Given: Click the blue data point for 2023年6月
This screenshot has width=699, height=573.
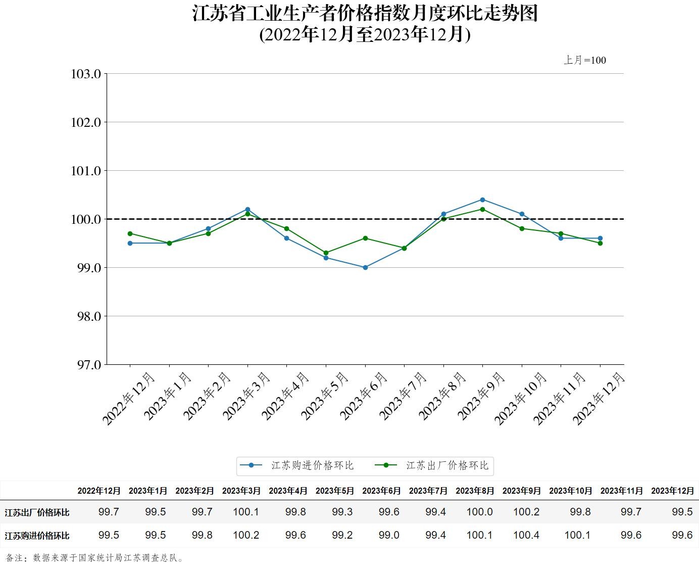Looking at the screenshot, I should (x=365, y=267).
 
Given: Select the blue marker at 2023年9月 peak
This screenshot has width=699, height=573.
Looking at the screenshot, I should (x=482, y=200).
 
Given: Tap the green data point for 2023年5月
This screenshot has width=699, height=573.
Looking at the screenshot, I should (x=326, y=253).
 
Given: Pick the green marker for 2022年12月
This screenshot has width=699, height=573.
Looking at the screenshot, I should (x=130, y=233).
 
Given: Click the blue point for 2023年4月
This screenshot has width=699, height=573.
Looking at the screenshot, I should (x=286, y=238).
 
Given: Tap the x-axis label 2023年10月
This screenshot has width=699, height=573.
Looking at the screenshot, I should (x=520, y=398).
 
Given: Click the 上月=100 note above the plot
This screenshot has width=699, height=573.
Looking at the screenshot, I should (x=585, y=60).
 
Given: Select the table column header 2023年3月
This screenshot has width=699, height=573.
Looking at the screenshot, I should (x=241, y=491).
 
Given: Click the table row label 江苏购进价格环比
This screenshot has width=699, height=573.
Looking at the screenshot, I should (x=37, y=536).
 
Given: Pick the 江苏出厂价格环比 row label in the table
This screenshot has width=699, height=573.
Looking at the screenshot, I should (x=37, y=512).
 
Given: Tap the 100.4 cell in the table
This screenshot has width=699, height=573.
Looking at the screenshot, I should (x=526, y=535).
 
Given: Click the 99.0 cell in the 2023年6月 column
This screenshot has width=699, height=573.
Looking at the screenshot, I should (x=389, y=535).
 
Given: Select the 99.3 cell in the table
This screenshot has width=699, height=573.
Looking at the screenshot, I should (x=342, y=512).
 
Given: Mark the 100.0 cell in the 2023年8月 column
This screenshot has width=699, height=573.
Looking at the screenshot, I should (x=479, y=512).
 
